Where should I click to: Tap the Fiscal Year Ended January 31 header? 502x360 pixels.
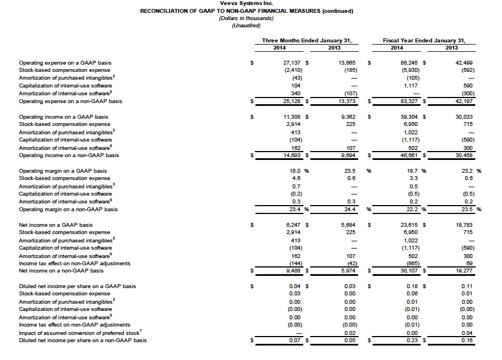(424, 41)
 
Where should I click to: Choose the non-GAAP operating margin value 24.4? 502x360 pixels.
(349, 210)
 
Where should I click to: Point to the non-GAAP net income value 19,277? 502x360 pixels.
(464, 271)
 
